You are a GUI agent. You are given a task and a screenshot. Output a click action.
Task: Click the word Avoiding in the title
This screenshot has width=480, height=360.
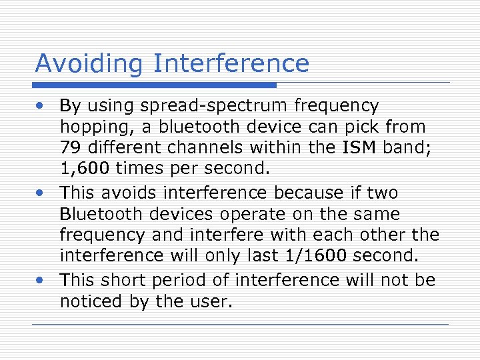point(89,63)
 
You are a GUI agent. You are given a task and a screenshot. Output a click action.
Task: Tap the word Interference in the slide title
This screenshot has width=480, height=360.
point(231,63)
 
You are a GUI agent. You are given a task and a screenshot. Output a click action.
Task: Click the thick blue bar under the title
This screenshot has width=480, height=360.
point(155,85)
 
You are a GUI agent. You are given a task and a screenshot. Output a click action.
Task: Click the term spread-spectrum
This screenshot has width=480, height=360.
point(225,106)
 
